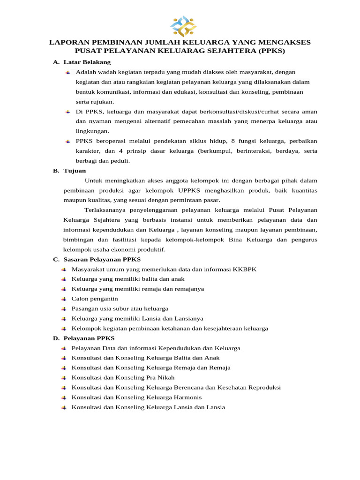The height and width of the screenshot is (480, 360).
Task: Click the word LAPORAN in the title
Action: point(69,43)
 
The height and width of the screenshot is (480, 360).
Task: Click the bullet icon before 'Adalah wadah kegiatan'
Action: point(68,72)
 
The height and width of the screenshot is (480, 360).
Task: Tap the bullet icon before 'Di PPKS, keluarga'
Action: point(68,112)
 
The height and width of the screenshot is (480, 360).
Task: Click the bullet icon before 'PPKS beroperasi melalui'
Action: point(68,141)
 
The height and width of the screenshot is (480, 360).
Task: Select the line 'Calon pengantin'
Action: point(95,299)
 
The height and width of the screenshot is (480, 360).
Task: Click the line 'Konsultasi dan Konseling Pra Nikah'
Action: point(123,377)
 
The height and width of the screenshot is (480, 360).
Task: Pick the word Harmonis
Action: point(187,397)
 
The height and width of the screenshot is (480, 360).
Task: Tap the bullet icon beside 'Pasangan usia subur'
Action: point(64,308)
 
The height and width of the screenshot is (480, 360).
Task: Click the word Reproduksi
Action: point(260,387)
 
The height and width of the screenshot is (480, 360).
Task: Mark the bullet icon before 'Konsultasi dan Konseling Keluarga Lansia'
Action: point(64,407)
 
